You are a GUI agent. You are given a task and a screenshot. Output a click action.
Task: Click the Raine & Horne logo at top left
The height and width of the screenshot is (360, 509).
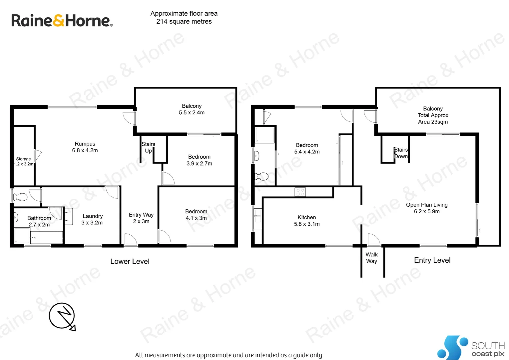click(62, 21)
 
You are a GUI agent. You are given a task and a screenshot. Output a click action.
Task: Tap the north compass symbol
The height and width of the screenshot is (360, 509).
click(62, 316)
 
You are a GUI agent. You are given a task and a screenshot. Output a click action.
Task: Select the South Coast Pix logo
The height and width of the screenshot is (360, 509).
click(471, 348)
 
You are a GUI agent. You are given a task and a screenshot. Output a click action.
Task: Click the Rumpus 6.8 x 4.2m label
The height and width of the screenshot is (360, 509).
click(85, 147)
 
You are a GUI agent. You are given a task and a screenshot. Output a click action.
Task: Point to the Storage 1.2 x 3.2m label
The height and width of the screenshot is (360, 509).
click(23, 161)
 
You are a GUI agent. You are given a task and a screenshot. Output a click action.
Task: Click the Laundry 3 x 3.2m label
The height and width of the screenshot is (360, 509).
click(92, 219)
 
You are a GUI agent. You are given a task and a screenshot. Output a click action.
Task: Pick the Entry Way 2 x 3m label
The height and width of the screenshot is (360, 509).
click(141, 218)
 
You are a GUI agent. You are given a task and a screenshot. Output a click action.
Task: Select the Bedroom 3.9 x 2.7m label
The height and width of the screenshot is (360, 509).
click(199, 160)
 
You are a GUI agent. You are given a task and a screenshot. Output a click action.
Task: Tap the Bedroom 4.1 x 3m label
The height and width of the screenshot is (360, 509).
click(196, 215)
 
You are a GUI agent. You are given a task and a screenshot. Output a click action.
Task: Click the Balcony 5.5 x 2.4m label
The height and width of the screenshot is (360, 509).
click(192, 109)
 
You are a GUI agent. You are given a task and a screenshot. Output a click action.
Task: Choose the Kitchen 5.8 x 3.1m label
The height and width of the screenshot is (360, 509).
click(306, 221)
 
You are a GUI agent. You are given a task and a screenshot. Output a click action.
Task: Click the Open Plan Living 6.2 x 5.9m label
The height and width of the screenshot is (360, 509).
click(427, 208)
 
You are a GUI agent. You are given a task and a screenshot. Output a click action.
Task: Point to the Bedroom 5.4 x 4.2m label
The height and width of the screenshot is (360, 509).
click(307, 148)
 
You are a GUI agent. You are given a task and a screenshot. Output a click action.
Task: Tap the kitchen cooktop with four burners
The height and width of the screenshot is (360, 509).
click(300, 192)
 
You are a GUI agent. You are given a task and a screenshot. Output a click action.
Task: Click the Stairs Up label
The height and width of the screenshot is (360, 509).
click(148, 147)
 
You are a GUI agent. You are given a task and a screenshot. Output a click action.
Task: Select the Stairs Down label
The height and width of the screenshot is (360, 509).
click(401, 153)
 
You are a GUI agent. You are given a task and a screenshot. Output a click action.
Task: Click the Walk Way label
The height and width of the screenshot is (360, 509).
click(371, 258)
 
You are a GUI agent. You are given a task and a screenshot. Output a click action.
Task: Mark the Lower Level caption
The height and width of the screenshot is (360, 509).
click(130, 261)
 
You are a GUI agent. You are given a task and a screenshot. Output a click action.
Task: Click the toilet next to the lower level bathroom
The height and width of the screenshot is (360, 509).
click(20, 197)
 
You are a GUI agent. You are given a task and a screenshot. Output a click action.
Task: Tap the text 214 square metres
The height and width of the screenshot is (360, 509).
click(184, 22)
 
